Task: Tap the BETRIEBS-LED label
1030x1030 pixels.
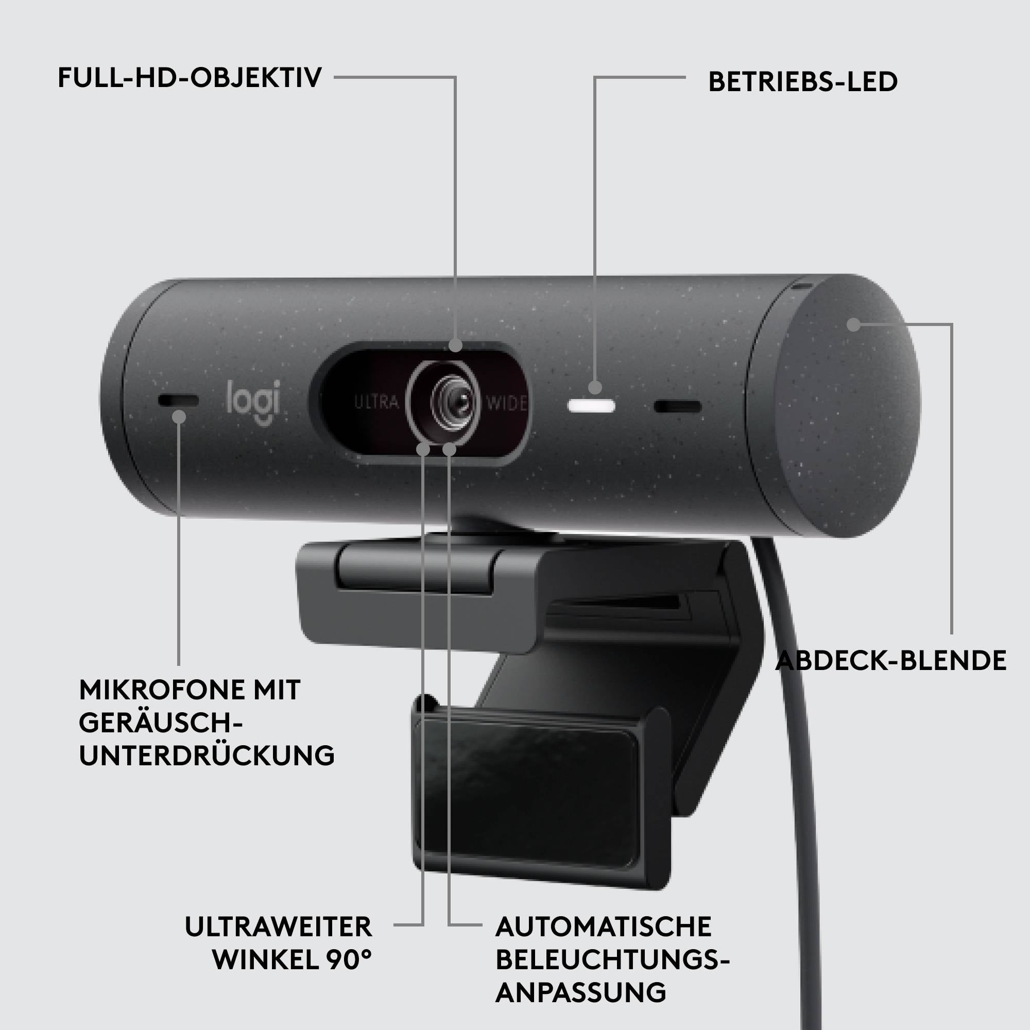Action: (x=803, y=82)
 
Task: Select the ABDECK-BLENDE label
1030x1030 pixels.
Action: (x=891, y=661)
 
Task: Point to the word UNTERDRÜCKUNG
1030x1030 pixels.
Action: (x=207, y=756)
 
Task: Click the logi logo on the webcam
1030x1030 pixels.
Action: (x=253, y=401)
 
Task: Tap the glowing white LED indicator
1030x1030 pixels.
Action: (x=591, y=406)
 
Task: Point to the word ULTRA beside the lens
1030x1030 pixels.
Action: (x=376, y=402)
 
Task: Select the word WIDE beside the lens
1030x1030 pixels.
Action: (x=506, y=404)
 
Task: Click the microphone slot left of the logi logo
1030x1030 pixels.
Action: (x=178, y=400)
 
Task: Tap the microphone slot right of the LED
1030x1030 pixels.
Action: (x=677, y=407)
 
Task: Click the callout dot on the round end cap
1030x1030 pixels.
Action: (x=853, y=324)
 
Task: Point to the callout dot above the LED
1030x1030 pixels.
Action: (x=595, y=388)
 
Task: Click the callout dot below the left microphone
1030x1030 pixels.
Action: (x=179, y=416)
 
